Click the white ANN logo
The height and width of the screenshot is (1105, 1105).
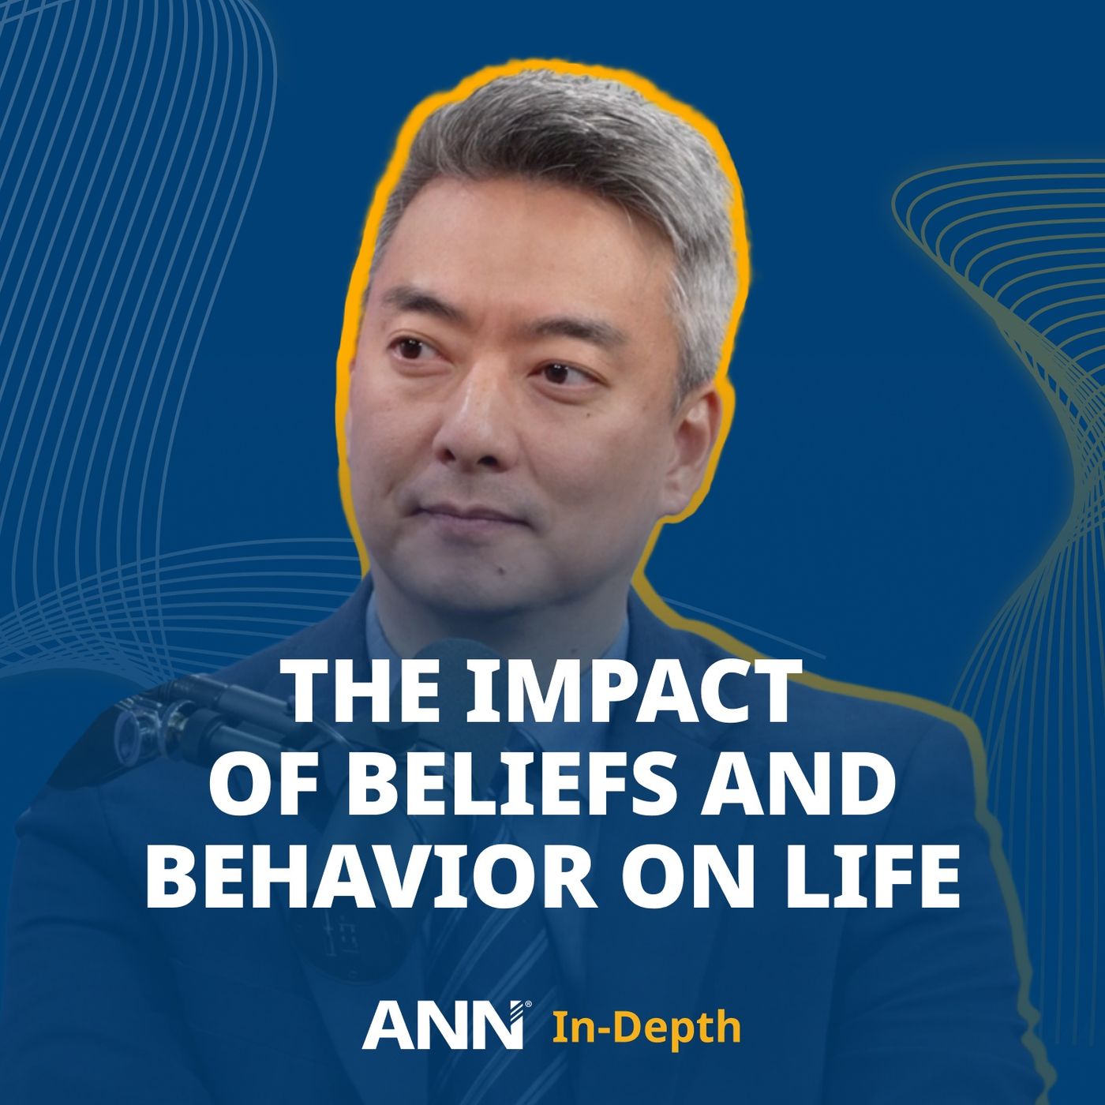pyautogui.click(x=442, y=1026)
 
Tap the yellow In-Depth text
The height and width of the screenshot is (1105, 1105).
pyautogui.click(x=646, y=1028)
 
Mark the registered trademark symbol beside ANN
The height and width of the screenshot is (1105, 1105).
pyautogui.click(x=528, y=1005)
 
